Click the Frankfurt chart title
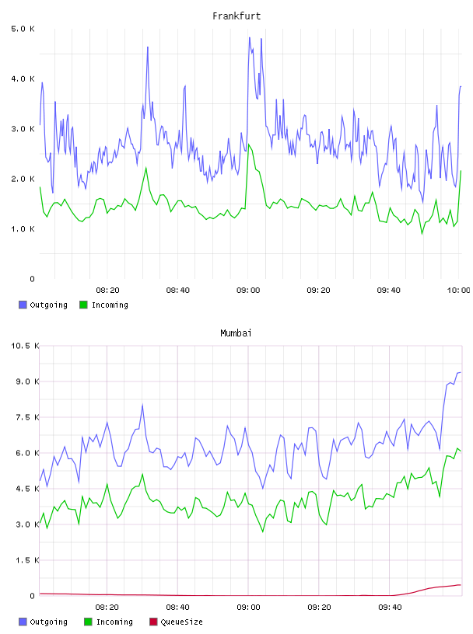pos(236,16)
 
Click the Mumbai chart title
pos(236,333)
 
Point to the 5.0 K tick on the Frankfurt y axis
pos(23,29)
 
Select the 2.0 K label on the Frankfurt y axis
pos(23,179)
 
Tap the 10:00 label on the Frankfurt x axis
pos(458,291)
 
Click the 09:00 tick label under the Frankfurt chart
pos(248,291)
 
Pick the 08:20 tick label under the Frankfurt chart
pos(107,291)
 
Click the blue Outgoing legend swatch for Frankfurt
pos(23,305)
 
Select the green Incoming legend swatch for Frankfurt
pos(83,305)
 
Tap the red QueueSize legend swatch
pos(153,622)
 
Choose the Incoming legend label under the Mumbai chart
pos(114,622)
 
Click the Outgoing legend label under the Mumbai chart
pos(48,622)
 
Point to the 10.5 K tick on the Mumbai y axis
pos(25,346)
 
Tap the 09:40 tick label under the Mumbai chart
pos(390,608)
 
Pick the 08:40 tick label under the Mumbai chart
pos(178,608)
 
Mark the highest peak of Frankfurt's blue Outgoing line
pos(250,37)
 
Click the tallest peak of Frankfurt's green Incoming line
pos(249,144)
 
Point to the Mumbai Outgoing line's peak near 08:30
pos(142,404)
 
